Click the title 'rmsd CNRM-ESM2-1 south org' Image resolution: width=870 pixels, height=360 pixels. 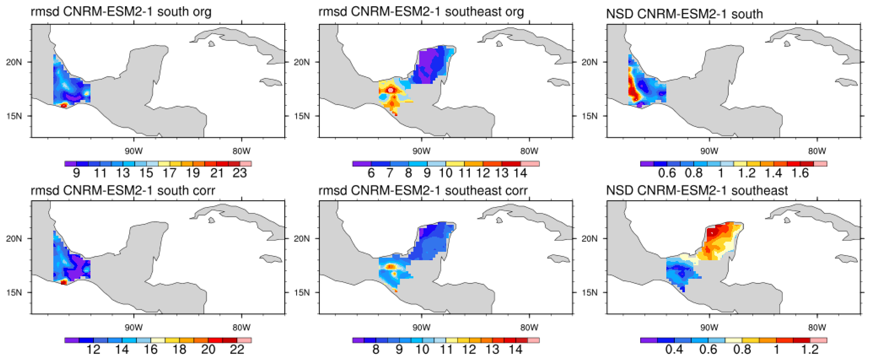tap(121, 12)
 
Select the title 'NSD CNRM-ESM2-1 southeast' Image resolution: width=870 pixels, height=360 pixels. tap(697, 191)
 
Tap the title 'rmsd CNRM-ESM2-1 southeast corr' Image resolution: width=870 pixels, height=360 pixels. tap(423, 191)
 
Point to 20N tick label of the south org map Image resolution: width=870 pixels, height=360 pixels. tap(14, 62)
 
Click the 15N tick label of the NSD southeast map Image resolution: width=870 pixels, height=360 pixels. tap(589, 292)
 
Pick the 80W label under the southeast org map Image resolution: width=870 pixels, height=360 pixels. tap(529, 151)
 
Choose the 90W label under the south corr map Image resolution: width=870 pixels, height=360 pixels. tap(134, 327)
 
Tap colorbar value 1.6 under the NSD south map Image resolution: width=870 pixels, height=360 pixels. tap(800, 173)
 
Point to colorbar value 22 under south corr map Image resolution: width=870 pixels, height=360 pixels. tap(237, 350)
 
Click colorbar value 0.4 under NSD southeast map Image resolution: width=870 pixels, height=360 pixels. tap(674, 350)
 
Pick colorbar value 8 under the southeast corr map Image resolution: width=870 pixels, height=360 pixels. tap(376, 350)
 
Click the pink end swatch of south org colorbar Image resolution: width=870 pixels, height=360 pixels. tap(245, 164)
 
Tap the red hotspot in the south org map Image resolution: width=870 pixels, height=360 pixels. tap(63, 106)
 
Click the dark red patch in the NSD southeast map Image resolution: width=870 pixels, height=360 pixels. tap(712, 232)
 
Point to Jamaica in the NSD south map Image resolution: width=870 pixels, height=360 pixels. tap(847, 82)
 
